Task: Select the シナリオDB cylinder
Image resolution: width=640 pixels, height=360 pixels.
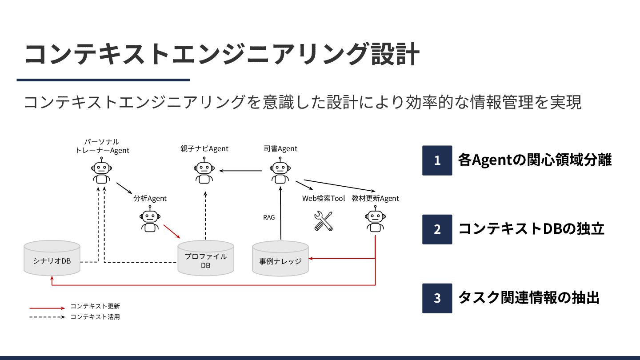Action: pyautogui.click(x=52, y=258)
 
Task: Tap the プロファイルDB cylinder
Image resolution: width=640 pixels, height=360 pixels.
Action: pyautogui.click(x=206, y=258)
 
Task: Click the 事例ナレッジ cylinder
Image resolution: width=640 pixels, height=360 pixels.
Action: pyautogui.click(x=280, y=258)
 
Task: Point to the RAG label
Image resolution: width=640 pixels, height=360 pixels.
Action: pyautogui.click(x=269, y=217)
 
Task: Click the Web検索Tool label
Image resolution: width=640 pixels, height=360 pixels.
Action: pyautogui.click(x=324, y=198)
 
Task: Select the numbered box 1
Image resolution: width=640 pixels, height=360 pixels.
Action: pyautogui.click(x=437, y=160)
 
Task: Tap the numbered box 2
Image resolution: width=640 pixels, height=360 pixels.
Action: pyautogui.click(x=437, y=229)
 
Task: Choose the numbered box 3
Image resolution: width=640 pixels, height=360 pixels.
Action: pyautogui.click(x=437, y=298)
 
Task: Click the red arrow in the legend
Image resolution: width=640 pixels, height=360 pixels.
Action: pyautogui.click(x=47, y=308)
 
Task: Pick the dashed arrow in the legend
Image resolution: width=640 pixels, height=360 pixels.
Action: pyautogui.click(x=47, y=317)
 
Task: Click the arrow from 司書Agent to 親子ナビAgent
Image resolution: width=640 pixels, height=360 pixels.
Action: pyautogui.click(x=240, y=170)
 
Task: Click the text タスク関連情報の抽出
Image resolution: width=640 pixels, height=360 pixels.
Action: pyautogui.click(x=528, y=298)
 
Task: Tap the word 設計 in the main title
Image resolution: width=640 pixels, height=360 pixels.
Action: pyautogui.click(x=394, y=55)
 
